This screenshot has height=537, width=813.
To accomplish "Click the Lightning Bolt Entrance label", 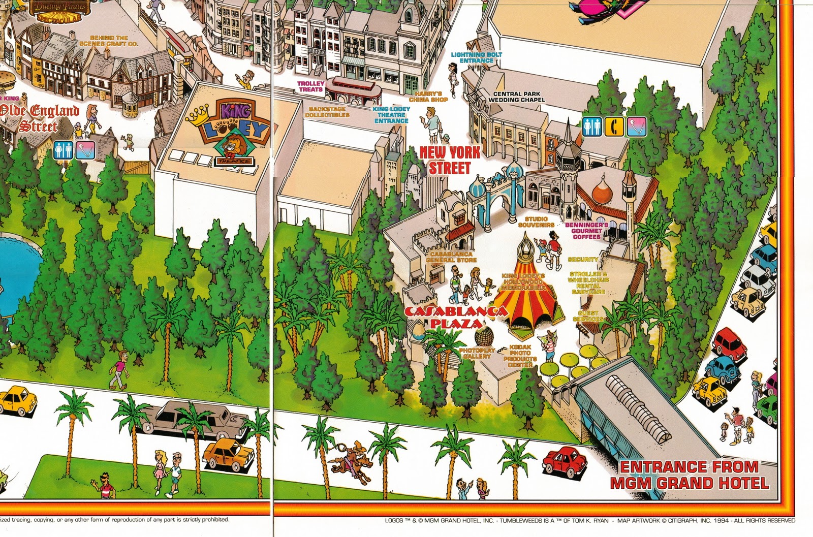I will pyautogui.click(x=477, y=57).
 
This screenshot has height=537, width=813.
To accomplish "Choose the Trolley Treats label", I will pyautogui.click(x=310, y=86).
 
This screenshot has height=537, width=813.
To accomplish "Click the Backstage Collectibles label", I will pyautogui.click(x=327, y=112).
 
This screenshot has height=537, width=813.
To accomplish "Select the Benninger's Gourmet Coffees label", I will pyautogui.click(x=586, y=230).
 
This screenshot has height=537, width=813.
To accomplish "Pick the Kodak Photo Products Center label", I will pyautogui.click(x=519, y=356).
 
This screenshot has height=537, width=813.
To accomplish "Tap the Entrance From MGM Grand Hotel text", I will pyautogui.click(x=689, y=475).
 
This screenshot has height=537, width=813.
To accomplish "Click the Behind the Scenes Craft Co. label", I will pyautogui.click(x=109, y=41).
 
